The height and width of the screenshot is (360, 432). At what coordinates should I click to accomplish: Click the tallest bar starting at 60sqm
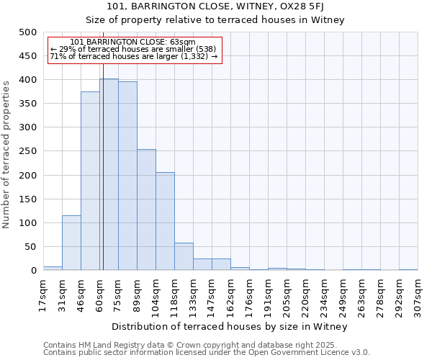[x=109, y=174]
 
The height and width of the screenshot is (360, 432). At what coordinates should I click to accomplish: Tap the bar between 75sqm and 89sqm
[x=127, y=176]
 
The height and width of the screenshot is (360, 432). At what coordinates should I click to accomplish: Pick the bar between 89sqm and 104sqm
[x=146, y=210]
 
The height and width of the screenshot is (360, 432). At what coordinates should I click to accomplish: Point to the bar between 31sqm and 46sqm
[x=71, y=243]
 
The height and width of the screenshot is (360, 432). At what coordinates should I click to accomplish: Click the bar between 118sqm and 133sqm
[x=184, y=256]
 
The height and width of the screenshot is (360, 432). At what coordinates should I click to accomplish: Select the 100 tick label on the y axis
[x=28, y=223]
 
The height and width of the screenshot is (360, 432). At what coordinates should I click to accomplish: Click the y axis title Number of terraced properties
[x=6, y=154]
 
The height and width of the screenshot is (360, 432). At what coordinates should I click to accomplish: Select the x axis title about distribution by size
[x=230, y=327]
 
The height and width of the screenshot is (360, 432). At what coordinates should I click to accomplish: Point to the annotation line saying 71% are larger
[x=134, y=55]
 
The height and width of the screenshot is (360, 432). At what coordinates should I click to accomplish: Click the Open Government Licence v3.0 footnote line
[x=206, y=353]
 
